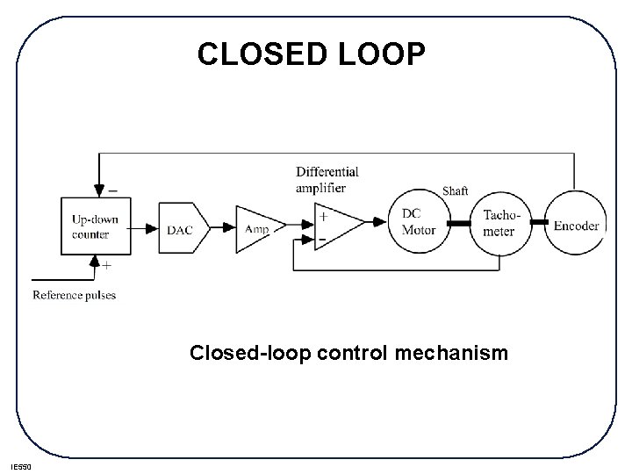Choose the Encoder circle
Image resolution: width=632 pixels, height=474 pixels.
576,225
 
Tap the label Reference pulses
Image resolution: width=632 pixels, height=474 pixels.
75,295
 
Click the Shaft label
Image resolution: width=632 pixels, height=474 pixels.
455,190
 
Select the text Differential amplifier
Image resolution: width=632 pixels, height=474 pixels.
327,179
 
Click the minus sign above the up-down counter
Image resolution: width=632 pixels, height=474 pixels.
111,188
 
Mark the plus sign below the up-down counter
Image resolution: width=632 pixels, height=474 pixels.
107,264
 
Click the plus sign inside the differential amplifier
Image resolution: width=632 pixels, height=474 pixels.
324,216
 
